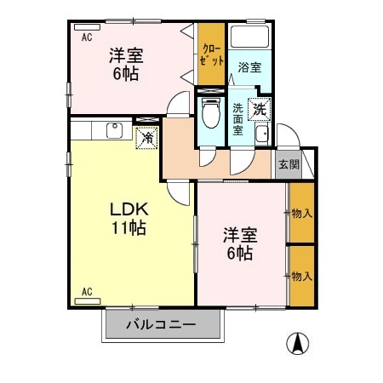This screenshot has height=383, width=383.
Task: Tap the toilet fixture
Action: pos(209,113)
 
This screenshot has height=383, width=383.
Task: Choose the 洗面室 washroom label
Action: pos(237,114)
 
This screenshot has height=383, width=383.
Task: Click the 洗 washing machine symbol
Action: pos(259,108)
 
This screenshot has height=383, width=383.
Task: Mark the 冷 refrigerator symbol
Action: pos(147,136)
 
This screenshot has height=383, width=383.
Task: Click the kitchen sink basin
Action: pos(112,129)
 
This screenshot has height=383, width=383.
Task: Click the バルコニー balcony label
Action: pos(162,324)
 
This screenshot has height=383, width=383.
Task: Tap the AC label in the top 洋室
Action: pos(87,37)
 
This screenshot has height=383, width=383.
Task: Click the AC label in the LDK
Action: pos(87,292)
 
